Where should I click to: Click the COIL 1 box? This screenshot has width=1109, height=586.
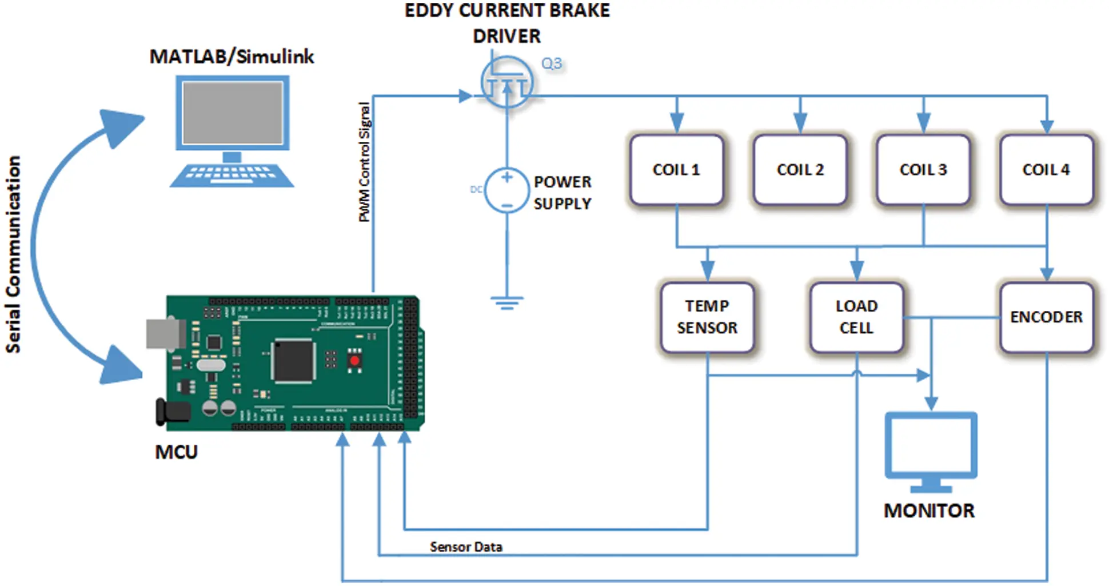coord(676,170)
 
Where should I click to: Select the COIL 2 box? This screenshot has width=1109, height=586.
coord(800,170)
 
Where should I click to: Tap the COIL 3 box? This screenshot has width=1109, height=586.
coord(923,170)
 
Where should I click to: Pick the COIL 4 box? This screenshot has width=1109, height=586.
coord(1046,170)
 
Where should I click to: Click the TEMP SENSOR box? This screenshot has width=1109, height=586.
coord(707,317)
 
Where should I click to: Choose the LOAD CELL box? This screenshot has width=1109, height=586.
coord(856,317)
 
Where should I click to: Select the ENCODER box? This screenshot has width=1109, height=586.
coord(1046,317)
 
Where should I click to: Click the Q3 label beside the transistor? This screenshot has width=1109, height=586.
coord(552,63)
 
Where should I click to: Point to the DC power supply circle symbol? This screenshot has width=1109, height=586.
coord(506,190)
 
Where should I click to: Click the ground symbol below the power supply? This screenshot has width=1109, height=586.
coord(506,302)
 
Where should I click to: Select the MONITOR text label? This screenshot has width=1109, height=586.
coord(929,511)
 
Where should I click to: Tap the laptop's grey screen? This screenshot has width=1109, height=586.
coord(233,113)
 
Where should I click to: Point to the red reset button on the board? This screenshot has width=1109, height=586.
coord(354,361)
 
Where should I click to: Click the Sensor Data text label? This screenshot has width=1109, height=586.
coord(466,547)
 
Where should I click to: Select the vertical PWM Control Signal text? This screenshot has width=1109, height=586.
coord(364,162)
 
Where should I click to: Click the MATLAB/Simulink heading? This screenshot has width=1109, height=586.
coord(232,57)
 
